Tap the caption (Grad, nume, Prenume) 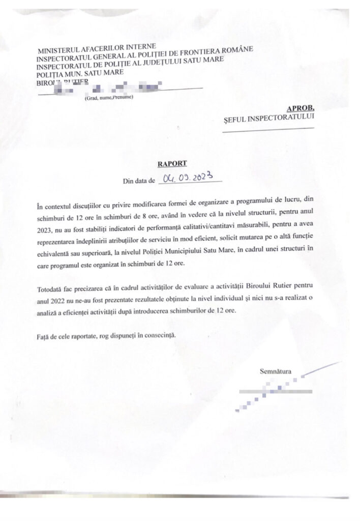pos(109,98)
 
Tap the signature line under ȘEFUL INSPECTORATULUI pos(269,131)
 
